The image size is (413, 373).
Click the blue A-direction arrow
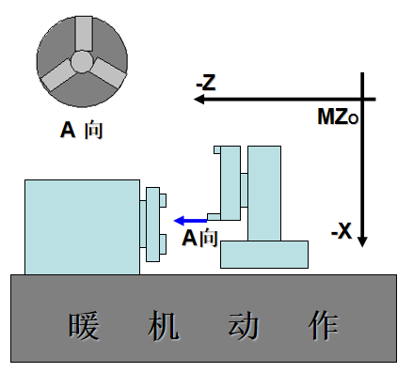[190, 221]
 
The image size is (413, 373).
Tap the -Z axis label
[206, 83]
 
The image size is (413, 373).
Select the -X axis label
[342, 231]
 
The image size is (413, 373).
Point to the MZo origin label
[338, 117]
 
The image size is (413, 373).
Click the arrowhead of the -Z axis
[199, 100]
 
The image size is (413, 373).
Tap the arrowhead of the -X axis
[362, 241]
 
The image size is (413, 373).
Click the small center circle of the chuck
[82, 62]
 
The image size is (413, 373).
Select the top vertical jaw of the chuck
[84, 34]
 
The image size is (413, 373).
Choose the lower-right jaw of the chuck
[108, 73]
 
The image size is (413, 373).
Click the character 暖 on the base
[84, 326]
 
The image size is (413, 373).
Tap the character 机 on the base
[164, 326]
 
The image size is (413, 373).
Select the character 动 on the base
[243, 326]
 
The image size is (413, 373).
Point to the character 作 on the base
[323, 326]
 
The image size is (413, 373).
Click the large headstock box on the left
[82, 227]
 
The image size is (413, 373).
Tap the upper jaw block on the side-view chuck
[163, 200]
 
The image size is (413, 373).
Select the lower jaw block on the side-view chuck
[163, 244]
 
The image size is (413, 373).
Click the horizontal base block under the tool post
[264, 255]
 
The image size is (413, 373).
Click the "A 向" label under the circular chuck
[82, 130]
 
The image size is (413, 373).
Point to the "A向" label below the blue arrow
[199, 238]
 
